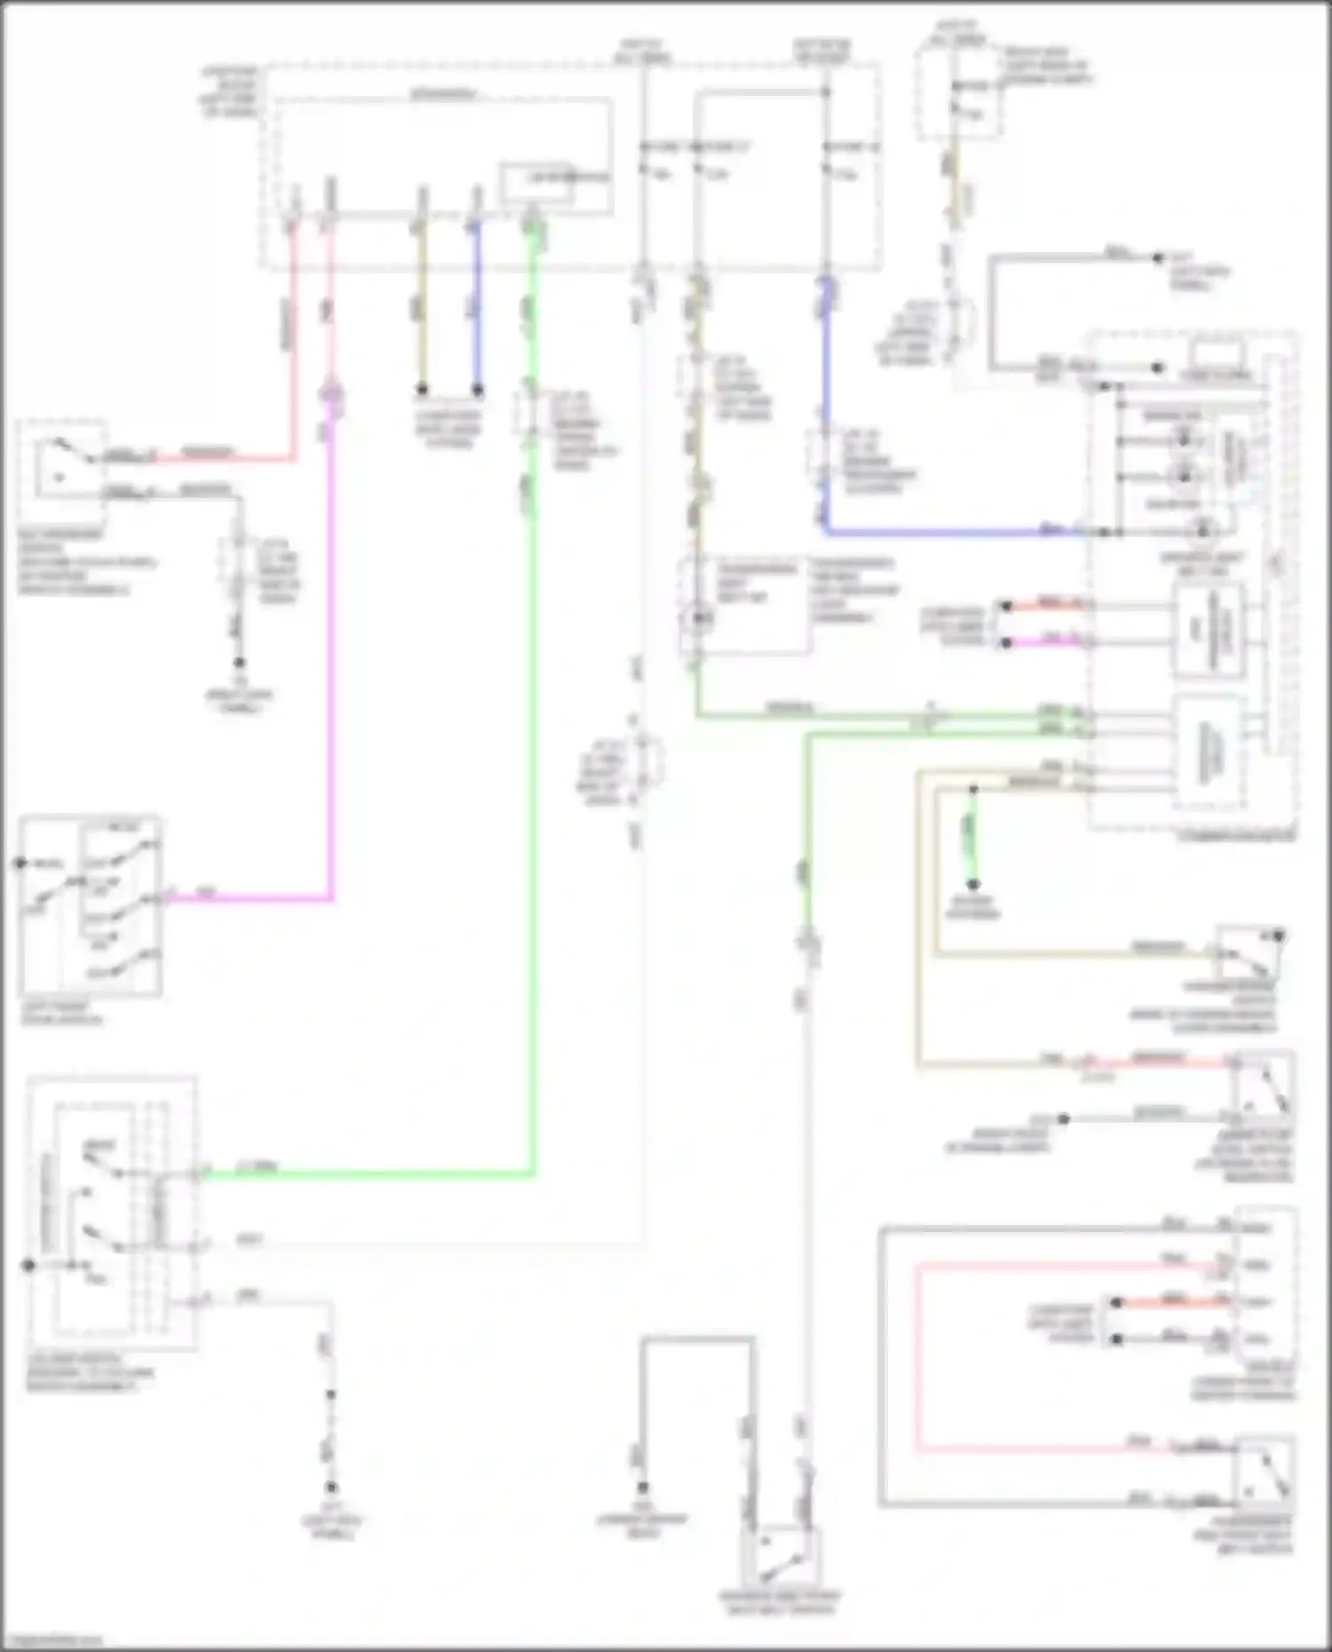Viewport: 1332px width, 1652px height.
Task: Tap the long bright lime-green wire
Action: (533, 799)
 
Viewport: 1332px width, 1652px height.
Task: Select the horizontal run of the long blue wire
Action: (950, 533)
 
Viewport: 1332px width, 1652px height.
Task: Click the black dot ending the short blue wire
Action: (477, 390)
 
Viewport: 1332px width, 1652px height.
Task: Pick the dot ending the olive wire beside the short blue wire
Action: (423, 390)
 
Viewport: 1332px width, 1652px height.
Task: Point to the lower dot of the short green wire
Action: (973, 884)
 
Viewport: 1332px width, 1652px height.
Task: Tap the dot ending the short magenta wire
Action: (1005, 643)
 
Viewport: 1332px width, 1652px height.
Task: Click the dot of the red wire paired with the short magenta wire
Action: (1005, 606)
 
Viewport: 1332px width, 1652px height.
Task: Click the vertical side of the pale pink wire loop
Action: (918, 1358)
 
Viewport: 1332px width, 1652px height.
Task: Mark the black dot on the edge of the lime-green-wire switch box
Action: (28, 1264)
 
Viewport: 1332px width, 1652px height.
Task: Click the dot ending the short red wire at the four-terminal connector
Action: (1117, 1302)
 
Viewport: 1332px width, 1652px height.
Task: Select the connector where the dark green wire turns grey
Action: (809, 945)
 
